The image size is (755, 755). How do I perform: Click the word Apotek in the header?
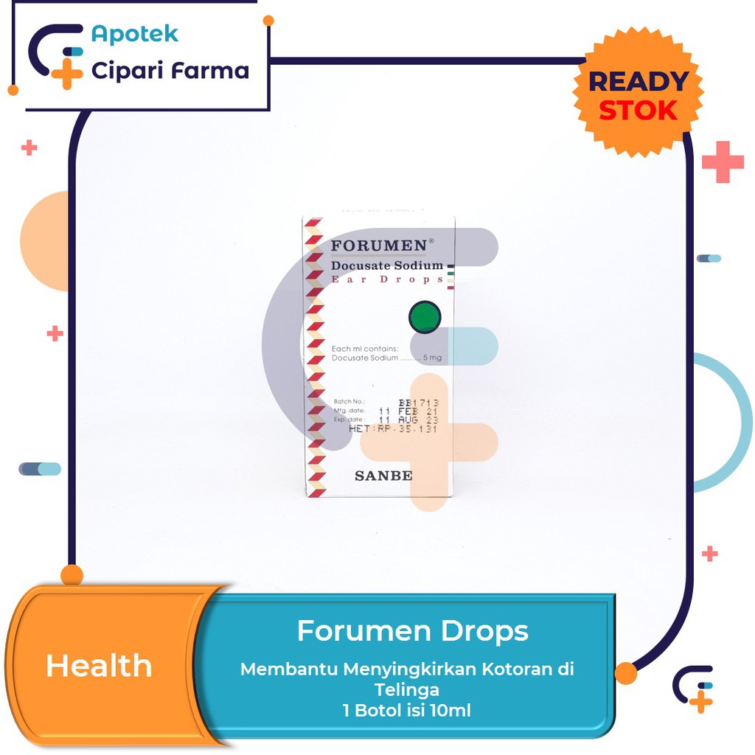(134, 34)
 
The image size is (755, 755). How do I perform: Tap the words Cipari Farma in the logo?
(170, 71)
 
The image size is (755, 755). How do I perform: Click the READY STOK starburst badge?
(639, 94)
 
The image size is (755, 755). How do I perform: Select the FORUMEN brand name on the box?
(378, 245)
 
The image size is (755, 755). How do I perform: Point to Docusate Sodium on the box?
(387, 265)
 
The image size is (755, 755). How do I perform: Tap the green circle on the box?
(425, 316)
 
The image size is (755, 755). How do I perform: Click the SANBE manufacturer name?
(383, 476)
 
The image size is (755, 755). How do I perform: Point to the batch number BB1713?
(418, 403)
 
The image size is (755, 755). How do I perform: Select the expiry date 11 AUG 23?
(408, 420)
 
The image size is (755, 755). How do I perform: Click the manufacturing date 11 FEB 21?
(408, 411)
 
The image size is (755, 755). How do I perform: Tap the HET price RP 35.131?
(393, 428)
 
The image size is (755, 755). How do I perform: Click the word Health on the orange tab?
(99, 666)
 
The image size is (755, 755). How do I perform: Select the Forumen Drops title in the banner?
(412, 631)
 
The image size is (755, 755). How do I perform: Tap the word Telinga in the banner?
(406, 690)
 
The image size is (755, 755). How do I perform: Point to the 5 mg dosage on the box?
(432, 358)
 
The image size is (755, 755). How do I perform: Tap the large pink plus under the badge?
(723, 161)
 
